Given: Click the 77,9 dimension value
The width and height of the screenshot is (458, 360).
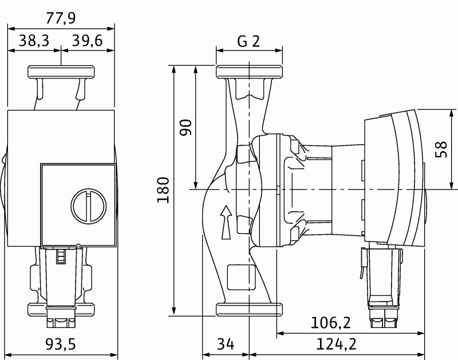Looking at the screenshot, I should [61, 18].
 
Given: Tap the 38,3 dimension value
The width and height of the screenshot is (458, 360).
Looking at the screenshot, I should [34, 41].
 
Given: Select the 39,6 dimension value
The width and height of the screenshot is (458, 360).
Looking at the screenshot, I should [88, 41].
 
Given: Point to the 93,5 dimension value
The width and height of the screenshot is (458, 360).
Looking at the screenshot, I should [61, 345].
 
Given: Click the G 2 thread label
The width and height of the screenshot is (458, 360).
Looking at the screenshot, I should [249, 41].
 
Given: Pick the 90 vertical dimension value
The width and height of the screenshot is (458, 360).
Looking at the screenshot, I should [185, 127].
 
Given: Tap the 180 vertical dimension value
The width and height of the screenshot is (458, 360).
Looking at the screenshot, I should [163, 190].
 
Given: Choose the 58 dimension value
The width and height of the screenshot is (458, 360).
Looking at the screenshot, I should [441, 148].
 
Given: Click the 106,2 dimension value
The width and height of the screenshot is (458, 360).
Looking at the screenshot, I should [330, 323].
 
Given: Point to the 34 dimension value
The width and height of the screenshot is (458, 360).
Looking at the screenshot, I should [226, 345].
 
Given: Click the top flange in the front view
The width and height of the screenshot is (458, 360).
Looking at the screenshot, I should [61, 73].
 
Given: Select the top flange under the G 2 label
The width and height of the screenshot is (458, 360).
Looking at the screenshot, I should [249, 73].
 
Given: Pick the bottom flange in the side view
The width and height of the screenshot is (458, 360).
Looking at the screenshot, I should [249, 309].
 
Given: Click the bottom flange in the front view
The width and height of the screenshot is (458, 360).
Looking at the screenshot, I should [61, 310].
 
